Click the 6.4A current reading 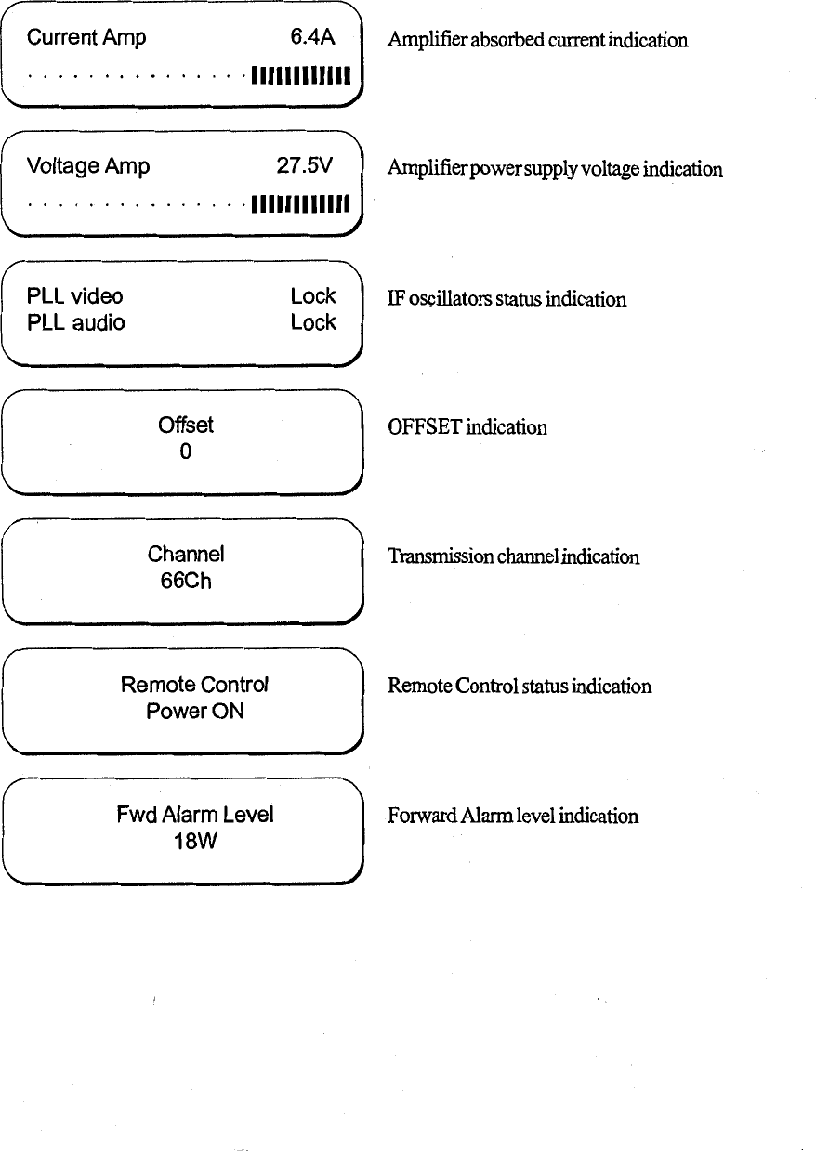(311, 38)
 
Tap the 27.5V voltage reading (304, 166)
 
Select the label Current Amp (86, 38)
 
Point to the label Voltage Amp (88, 166)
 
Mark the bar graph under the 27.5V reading (299, 203)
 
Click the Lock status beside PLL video (312, 296)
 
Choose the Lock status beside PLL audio (312, 322)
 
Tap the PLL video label (75, 296)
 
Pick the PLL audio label (76, 322)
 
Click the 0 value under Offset (186, 452)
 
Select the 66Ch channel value (186, 582)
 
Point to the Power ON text (195, 712)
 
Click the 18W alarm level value (195, 842)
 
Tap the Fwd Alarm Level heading (195, 815)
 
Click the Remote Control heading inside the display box (195, 686)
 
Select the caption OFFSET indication (467, 427)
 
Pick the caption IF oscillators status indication (507, 299)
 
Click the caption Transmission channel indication (513, 557)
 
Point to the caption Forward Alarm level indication (513, 817)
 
